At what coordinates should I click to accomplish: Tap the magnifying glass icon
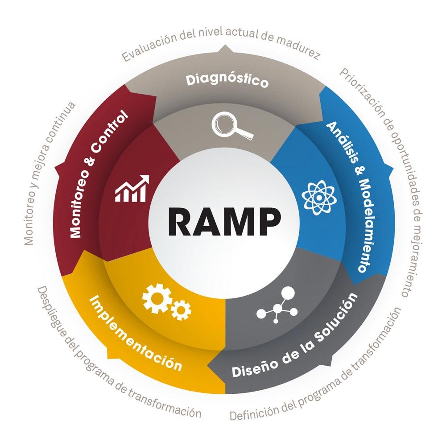point(231,125)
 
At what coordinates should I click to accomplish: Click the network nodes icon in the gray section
point(277,306)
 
